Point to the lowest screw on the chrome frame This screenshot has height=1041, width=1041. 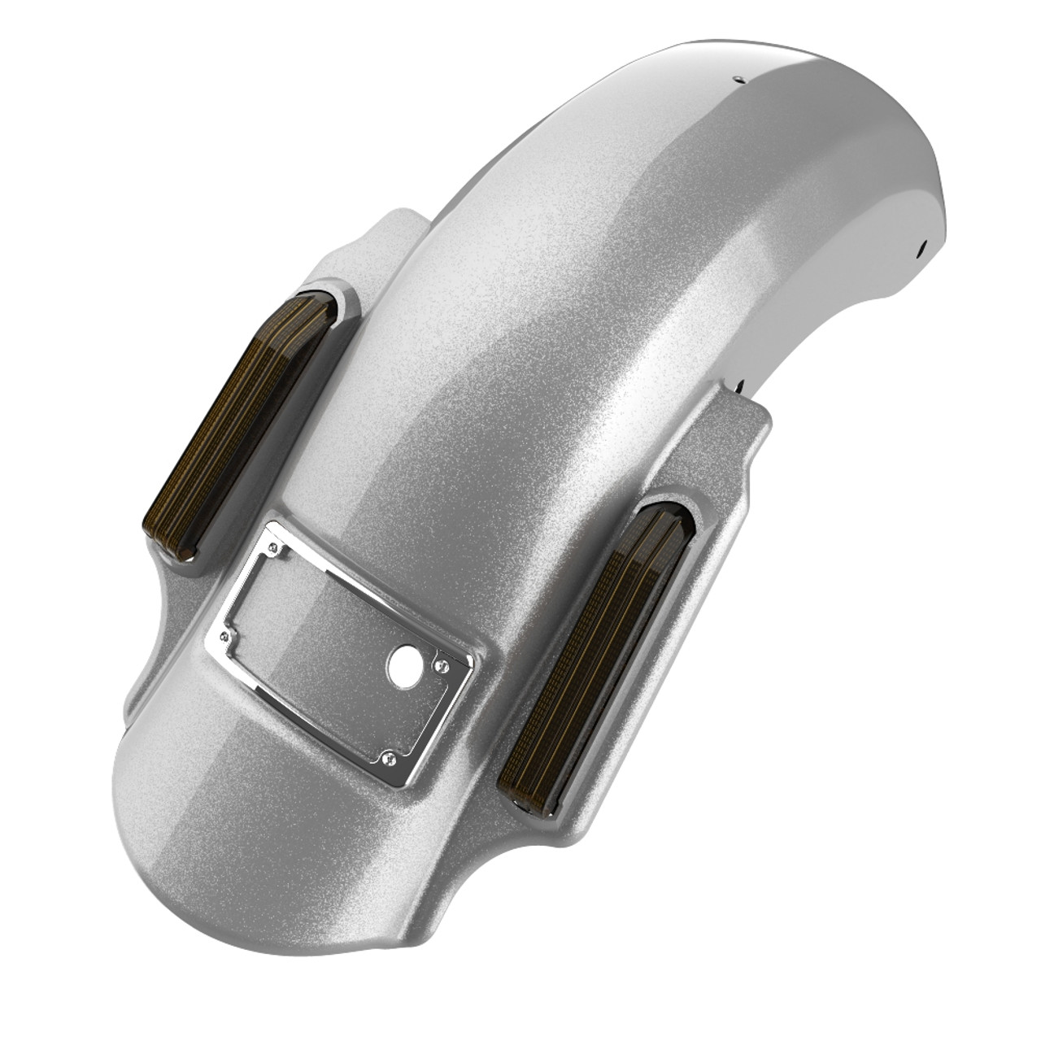386,758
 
